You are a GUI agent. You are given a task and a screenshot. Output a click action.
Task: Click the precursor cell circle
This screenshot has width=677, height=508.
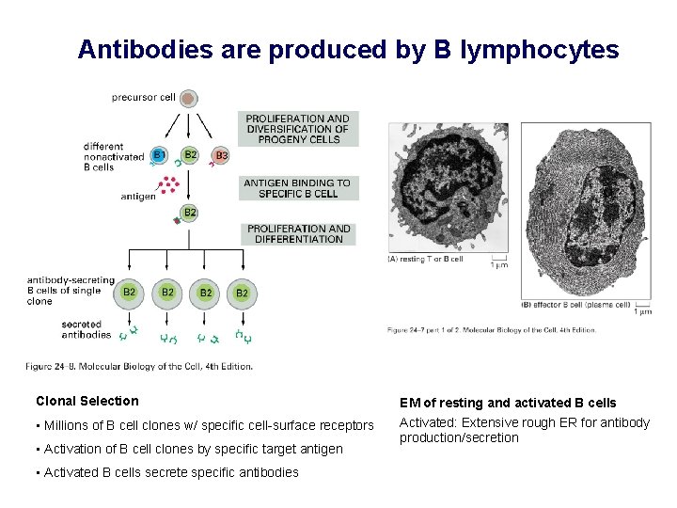click(x=188, y=98)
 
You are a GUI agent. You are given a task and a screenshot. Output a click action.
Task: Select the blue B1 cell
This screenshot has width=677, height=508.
click(x=160, y=155)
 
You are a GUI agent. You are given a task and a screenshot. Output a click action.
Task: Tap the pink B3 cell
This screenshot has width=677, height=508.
click(x=221, y=155)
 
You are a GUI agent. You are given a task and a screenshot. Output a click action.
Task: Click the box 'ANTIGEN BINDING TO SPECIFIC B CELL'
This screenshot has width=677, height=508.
click(x=297, y=188)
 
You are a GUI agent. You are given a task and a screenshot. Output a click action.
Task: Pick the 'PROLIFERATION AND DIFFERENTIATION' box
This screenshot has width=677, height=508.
click(x=299, y=233)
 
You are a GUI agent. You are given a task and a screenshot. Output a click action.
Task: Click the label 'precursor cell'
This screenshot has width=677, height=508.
click(x=142, y=97)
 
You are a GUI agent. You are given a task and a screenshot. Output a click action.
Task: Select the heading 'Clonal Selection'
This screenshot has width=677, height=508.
click(x=87, y=401)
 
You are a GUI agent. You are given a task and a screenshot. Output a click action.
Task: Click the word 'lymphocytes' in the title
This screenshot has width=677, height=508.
click(x=540, y=49)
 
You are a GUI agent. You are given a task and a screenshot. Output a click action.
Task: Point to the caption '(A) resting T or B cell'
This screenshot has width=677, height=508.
click(x=426, y=259)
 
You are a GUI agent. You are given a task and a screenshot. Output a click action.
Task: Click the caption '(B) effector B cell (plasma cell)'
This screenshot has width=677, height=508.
click(x=574, y=304)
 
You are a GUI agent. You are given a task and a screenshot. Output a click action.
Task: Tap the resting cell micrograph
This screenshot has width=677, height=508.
click(x=447, y=187)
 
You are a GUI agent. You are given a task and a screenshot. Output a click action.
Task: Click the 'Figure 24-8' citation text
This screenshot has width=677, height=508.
click(x=138, y=367)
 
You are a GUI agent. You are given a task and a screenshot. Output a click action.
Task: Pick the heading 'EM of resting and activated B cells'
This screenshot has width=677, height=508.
click(x=508, y=403)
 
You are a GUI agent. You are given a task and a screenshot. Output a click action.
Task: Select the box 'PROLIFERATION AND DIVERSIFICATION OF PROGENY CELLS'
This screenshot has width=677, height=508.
click(x=297, y=129)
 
